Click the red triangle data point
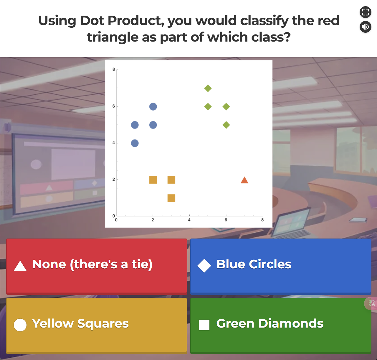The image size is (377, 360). click(244, 180)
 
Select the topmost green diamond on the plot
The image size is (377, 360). click(208, 88)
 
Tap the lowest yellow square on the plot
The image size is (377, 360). click(171, 198)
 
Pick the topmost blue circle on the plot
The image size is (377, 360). click(153, 106)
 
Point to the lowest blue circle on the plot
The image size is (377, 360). click(135, 143)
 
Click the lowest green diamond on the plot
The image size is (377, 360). click(226, 125)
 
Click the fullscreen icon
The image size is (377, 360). click(366, 12)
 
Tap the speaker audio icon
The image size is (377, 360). click(366, 27)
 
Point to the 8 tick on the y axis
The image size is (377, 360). click(114, 70)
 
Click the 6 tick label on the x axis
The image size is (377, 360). click(226, 220)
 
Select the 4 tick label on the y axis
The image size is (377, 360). click(114, 143)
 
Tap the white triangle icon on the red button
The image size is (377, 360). click(20, 266)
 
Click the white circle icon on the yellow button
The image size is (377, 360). click(20, 325)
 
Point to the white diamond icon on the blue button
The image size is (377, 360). click(204, 266)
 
